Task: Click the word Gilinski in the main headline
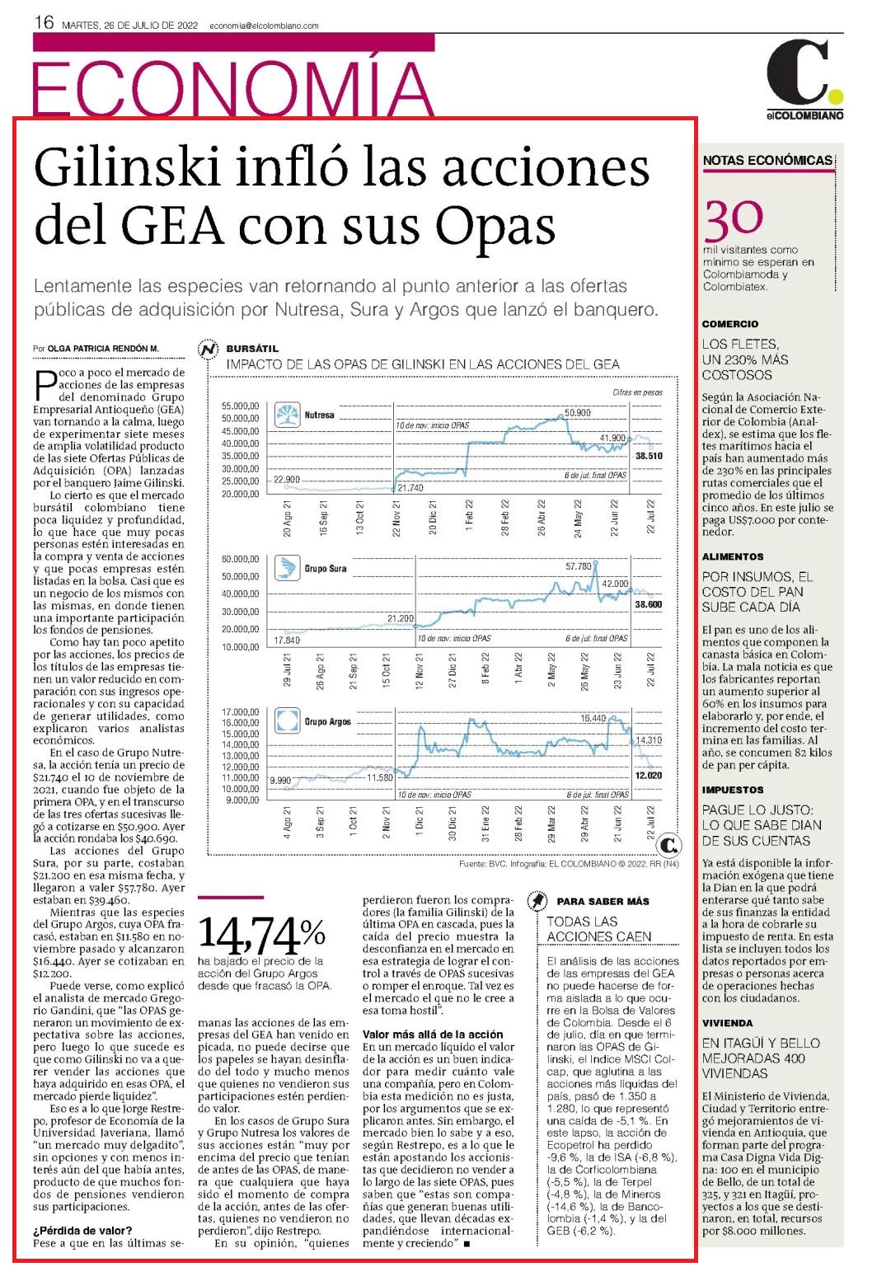pos(128,168)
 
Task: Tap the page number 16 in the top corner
pos(44,23)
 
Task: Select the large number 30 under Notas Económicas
pos(733,220)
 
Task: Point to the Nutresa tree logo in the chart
pos(287,415)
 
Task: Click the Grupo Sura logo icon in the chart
pos(287,568)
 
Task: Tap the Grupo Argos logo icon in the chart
pos(287,721)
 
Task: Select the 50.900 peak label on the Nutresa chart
pos(578,413)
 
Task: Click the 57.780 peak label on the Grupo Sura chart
pos(579,566)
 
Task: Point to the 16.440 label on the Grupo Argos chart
pos(593,718)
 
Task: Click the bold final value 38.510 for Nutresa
pos(649,457)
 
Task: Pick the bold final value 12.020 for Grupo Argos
pos(649,776)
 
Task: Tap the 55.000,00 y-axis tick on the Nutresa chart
pos(241,406)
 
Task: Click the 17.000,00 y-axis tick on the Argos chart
pos(241,712)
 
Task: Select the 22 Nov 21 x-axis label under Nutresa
pos(396,518)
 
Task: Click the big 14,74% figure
pos(262,934)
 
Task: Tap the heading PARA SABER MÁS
pos(603,901)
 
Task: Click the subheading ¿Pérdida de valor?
pos(82,1231)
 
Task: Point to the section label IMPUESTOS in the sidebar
pos(733,790)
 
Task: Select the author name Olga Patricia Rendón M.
pos(104,348)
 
